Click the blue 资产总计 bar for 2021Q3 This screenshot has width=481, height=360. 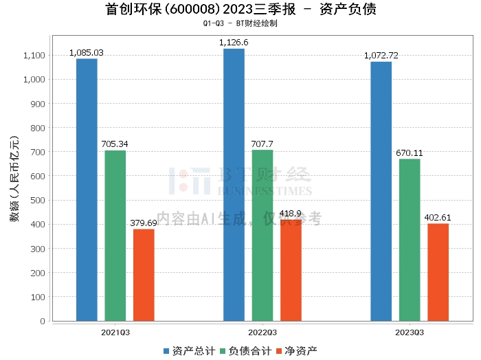87,190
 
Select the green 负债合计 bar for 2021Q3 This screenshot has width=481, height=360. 115,236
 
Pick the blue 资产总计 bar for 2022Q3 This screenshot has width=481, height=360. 234,185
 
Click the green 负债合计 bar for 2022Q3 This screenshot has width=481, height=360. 262,235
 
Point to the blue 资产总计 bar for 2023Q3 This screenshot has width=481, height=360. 381,191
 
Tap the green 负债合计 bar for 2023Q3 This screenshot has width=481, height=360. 410,240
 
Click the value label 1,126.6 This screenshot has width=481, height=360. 234,43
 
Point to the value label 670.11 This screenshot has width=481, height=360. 410,153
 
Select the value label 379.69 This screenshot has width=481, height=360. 144,223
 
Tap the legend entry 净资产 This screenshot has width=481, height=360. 296,350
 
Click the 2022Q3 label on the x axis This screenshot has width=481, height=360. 262,332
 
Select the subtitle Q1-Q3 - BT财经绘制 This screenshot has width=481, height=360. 240,23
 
